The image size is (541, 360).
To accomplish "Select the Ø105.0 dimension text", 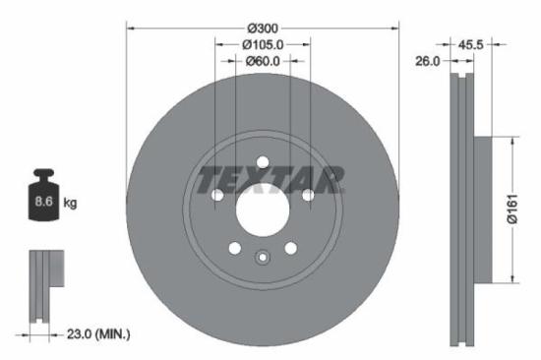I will tap(263, 44).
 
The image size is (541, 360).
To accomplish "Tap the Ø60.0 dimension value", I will tap(263, 61).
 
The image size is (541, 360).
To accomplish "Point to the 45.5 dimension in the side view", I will tap(470, 44).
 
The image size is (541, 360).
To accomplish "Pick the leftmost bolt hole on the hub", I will tap(217, 195).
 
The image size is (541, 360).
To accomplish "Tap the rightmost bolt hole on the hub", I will tap(308, 195).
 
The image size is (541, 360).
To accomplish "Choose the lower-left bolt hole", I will tap(234, 248).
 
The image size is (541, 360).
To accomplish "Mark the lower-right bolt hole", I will tap(291, 248).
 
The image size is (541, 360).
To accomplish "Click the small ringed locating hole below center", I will tap(263, 259).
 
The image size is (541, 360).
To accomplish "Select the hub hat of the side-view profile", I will tap(483, 210).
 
